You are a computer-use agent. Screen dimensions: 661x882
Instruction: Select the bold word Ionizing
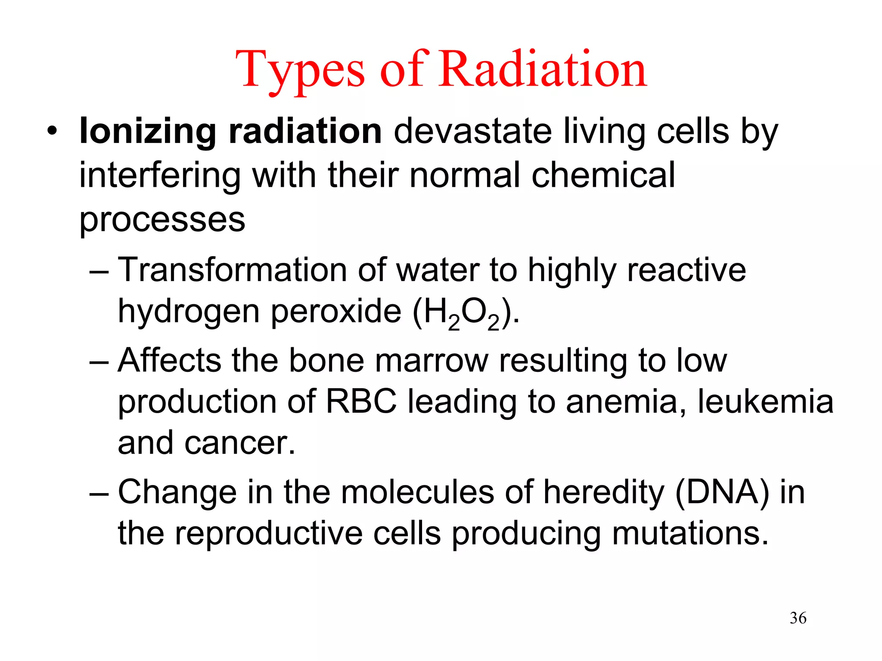[148, 131]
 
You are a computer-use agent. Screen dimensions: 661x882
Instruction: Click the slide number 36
[798, 618]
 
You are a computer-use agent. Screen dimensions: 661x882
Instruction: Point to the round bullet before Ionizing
[52, 131]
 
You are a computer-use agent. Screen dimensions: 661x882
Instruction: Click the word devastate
[472, 131]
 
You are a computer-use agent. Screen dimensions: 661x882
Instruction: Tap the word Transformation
[232, 270]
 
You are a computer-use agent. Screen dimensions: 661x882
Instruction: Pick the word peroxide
[336, 312]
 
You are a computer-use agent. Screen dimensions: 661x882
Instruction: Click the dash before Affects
[99, 361]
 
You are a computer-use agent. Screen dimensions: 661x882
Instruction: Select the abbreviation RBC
[361, 402]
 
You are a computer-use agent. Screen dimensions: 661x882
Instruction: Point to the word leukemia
[765, 402]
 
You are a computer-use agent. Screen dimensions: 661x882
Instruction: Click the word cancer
[240, 443]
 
